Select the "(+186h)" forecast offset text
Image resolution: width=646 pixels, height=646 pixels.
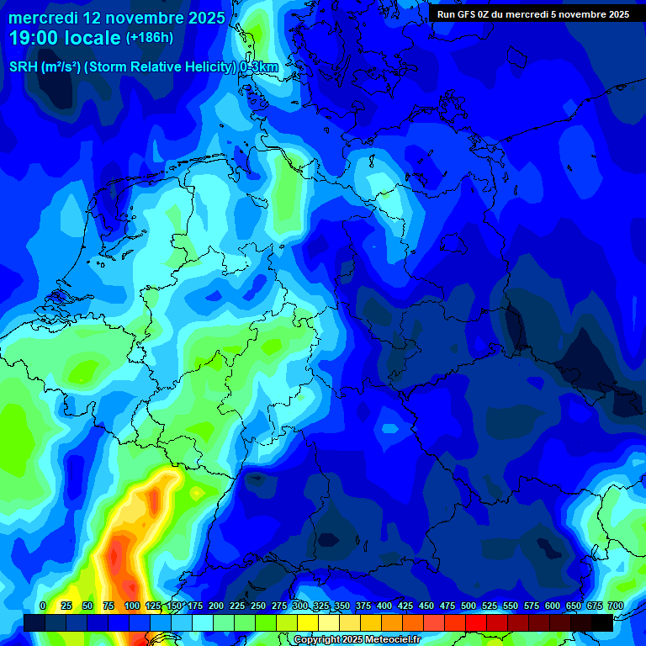(x=150, y=38)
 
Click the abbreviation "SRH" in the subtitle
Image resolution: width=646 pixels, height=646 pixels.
(x=24, y=67)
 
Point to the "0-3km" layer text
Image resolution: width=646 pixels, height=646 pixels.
(x=258, y=67)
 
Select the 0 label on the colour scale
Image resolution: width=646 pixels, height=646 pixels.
(x=43, y=606)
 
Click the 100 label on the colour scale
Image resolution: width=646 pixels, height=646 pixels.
(x=131, y=606)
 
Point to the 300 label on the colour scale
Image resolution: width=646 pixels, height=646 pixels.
(x=299, y=606)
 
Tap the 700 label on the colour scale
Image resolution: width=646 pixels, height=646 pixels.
(x=615, y=606)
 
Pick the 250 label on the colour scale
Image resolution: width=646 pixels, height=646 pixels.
(x=257, y=606)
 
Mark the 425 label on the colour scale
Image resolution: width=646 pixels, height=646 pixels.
(x=405, y=606)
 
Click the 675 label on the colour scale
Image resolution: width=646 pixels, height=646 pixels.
(x=594, y=606)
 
